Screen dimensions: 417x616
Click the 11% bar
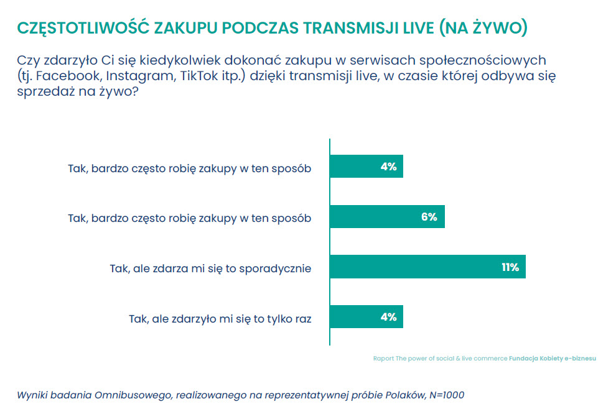pyautogui.click(x=427, y=267)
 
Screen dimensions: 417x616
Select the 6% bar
pyautogui.click(x=386, y=216)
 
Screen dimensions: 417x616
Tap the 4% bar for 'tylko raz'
pyautogui.click(x=366, y=317)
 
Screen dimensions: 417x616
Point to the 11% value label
pyautogui.click(x=510, y=267)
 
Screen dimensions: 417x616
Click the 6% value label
pyautogui.click(x=429, y=217)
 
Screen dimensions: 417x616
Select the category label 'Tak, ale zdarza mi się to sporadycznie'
pyautogui.click(x=210, y=268)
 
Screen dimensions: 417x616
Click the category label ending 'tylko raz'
pyautogui.click(x=220, y=319)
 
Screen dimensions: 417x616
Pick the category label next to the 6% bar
pyautogui.click(x=189, y=219)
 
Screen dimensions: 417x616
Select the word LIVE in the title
pyautogui.click(x=415, y=27)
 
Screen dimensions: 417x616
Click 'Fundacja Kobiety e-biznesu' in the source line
pyautogui.click(x=553, y=359)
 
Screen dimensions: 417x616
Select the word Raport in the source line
pyautogui.click(x=383, y=359)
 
